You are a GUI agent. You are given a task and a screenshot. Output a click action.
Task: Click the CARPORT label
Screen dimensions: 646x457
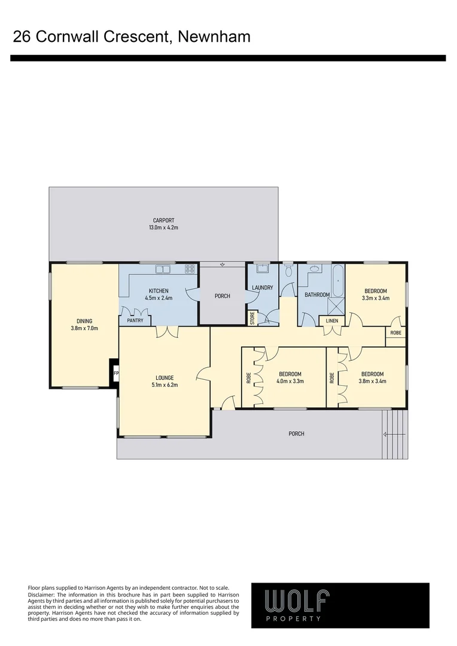point(163,221)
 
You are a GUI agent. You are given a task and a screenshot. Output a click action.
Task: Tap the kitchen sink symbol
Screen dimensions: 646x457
point(163,270)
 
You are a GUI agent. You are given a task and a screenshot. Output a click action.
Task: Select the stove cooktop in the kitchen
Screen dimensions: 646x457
point(190,270)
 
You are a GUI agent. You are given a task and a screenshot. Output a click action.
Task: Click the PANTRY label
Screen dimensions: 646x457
point(135,321)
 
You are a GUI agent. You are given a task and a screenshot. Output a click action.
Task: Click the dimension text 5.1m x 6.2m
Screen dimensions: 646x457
point(164,385)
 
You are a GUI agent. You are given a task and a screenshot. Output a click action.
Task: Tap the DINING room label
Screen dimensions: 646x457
point(84,320)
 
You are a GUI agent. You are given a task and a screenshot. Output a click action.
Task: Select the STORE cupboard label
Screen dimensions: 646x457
point(252,318)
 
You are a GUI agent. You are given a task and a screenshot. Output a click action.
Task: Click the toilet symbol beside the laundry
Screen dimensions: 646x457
point(288,272)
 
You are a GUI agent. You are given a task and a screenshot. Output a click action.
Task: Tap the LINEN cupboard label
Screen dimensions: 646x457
point(332,321)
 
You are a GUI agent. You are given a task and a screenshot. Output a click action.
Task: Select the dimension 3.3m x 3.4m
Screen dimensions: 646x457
point(375,298)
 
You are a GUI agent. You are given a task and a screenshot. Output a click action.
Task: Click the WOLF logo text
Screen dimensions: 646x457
point(297,600)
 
